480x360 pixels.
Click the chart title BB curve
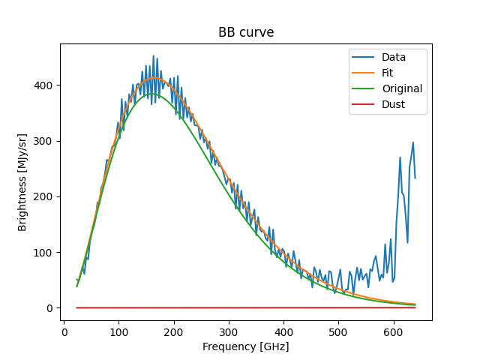pos(245,32)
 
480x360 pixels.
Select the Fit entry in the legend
pos(388,73)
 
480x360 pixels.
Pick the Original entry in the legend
pos(402,88)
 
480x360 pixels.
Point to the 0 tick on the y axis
pos(50,308)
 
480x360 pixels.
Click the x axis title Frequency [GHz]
pos(246,346)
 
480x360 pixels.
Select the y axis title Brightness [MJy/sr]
pos(22,182)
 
